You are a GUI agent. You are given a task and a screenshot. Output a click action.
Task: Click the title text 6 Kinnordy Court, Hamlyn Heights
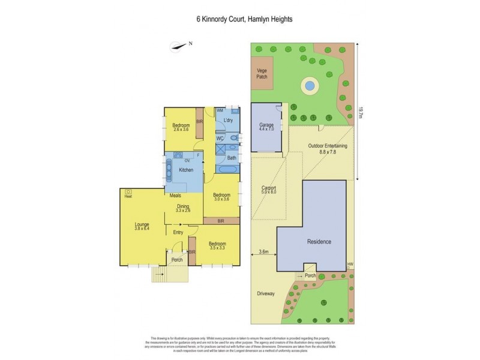(239, 19)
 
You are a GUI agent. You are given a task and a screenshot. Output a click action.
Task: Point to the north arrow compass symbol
(178, 44)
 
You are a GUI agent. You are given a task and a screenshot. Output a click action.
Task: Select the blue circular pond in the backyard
(309, 86)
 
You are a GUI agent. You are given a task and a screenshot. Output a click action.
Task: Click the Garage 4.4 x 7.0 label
(266, 127)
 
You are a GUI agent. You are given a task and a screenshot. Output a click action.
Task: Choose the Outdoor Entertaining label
(328, 148)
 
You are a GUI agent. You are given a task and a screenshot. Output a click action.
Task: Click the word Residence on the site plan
(319, 242)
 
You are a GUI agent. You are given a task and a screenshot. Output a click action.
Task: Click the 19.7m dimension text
(361, 112)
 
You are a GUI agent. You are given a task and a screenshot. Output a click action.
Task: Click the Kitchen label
(187, 171)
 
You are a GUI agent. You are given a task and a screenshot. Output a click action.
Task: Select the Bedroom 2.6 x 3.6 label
(181, 127)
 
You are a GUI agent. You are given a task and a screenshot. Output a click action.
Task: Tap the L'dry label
(228, 121)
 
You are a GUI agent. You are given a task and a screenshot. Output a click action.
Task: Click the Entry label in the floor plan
(178, 232)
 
